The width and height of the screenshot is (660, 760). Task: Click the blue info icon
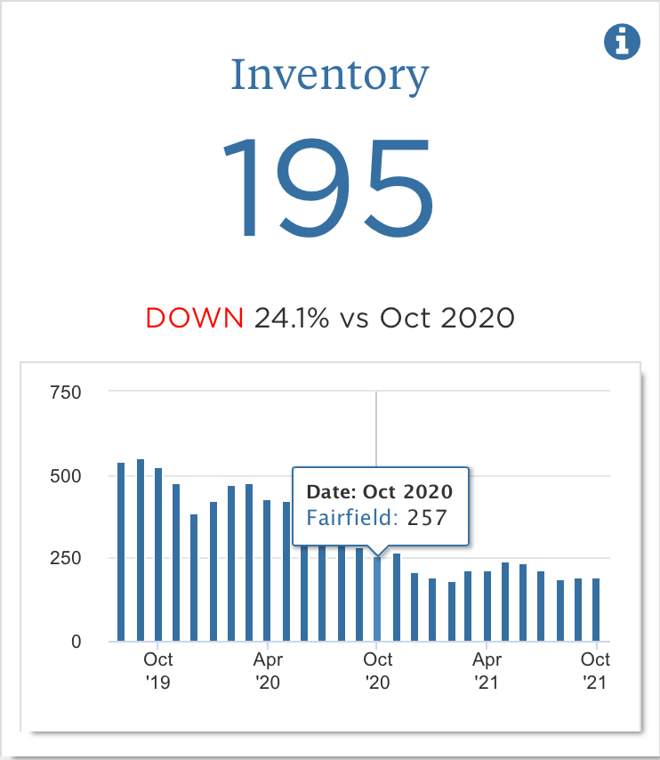pyautogui.click(x=622, y=41)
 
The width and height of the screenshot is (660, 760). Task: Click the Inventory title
pyautogui.click(x=330, y=76)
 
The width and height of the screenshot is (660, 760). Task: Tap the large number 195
pyautogui.click(x=329, y=187)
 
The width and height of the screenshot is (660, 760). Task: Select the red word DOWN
pyautogui.click(x=195, y=318)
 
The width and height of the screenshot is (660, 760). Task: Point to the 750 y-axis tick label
pyautogui.click(x=65, y=392)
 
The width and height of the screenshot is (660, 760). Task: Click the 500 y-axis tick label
pyautogui.click(x=65, y=475)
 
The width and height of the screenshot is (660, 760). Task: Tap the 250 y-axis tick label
pyautogui.click(x=65, y=558)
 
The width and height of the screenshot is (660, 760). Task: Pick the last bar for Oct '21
pyautogui.click(x=596, y=610)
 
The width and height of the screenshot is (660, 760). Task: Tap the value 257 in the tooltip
pyautogui.click(x=427, y=517)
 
